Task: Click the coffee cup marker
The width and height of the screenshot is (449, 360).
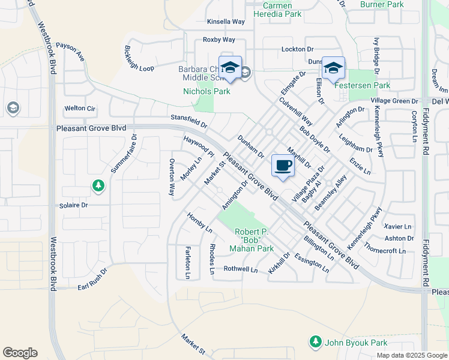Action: click(x=283, y=165)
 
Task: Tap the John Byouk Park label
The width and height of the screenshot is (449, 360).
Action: click(x=355, y=343)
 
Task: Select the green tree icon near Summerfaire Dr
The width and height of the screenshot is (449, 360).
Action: click(x=98, y=185)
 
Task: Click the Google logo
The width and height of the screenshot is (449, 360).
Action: click(x=20, y=353)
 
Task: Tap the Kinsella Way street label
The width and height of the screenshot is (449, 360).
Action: click(x=226, y=22)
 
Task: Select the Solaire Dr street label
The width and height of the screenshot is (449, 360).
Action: click(x=74, y=205)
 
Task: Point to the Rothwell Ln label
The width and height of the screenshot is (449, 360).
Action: click(x=240, y=269)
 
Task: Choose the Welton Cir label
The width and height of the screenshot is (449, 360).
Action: click(x=80, y=109)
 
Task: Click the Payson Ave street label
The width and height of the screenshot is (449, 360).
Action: click(x=70, y=52)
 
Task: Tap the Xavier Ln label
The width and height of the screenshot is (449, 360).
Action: click(x=398, y=227)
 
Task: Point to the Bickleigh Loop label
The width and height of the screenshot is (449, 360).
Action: click(x=139, y=59)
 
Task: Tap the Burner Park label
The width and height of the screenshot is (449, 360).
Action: click(x=382, y=4)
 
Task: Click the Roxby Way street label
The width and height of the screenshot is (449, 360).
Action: click(x=218, y=40)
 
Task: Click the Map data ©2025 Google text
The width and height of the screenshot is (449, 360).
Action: click(x=412, y=355)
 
